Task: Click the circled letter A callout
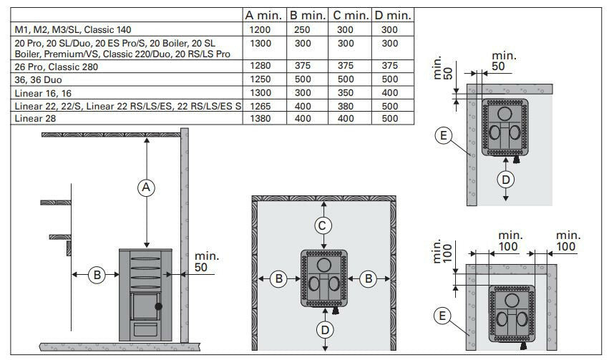pyautogui.click(x=146, y=188)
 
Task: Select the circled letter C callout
pyautogui.click(x=324, y=226)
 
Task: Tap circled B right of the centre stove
pyautogui.click(x=368, y=279)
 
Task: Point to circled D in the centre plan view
pyautogui.click(x=324, y=329)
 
